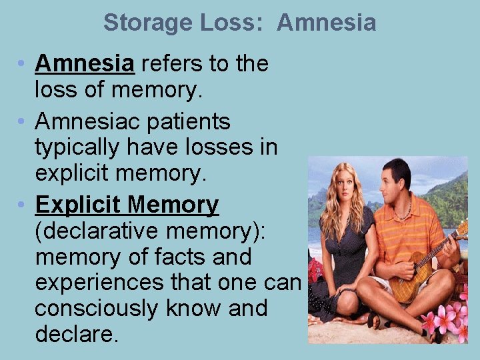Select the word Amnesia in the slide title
(327, 23)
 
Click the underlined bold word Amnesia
(85, 63)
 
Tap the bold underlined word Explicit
(78, 205)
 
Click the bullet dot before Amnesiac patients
(22, 122)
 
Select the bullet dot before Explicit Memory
(22, 205)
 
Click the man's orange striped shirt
(407, 230)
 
